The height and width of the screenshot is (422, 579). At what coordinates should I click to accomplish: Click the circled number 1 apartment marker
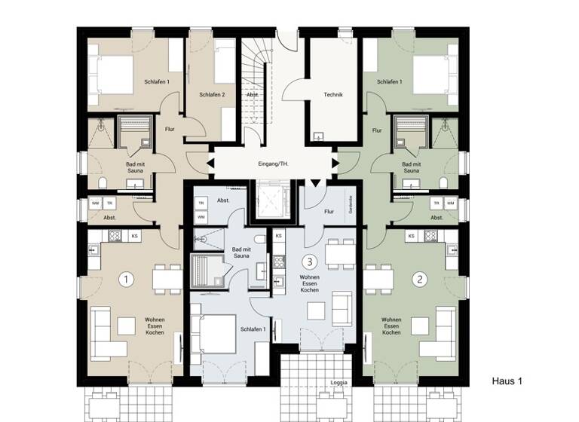click(x=127, y=279)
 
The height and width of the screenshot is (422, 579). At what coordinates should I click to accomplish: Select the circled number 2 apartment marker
click(x=421, y=279)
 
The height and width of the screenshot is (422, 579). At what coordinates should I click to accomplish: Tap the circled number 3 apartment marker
click(x=308, y=261)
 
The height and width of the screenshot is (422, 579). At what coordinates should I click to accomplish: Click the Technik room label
click(x=333, y=95)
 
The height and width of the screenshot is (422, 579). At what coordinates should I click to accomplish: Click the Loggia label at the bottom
click(x=339, y=383)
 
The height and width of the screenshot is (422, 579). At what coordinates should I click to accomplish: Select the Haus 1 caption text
click(x=507, y=381)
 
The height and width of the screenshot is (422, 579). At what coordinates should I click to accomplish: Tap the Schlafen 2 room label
click(x=213, y=95)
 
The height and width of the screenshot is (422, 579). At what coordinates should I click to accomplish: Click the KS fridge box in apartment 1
click(x=135, y=237)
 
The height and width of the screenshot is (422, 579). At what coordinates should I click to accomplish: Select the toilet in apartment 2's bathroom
click(x=446, y=184)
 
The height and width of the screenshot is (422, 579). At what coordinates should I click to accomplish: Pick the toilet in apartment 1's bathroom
click(x=102, y=184)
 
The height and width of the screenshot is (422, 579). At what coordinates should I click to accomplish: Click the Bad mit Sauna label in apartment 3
click(x=241, y=252)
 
